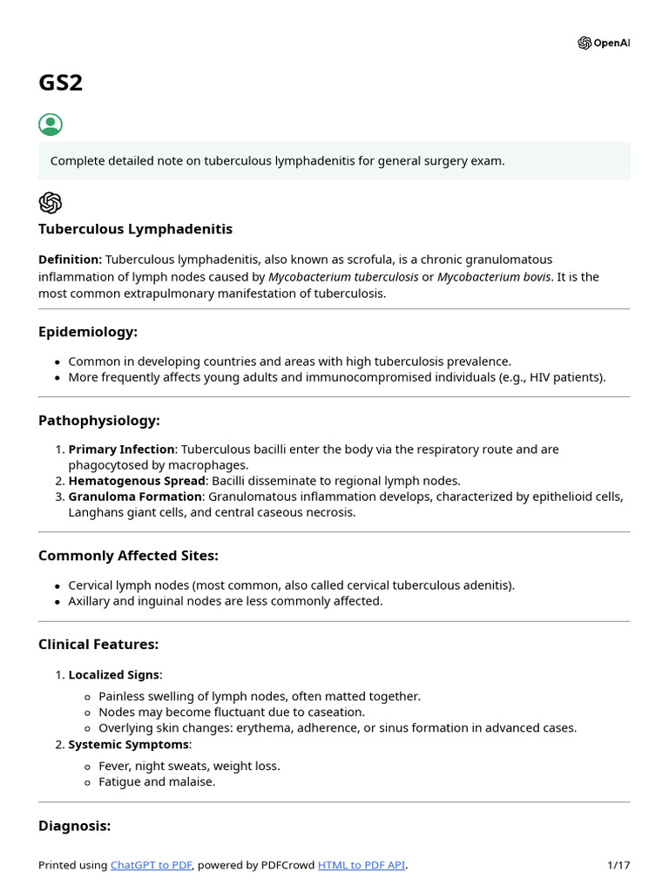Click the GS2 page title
pos(61,83)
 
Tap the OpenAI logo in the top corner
pos(603,43)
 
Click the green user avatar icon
pos(51,125)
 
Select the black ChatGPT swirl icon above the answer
pos(51,203)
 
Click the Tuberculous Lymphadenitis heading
pos(135,229)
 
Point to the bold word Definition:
pos(70,260)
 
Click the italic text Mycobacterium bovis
pos(493,276)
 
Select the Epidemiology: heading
pos(88,332)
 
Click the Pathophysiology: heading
pos(99,421)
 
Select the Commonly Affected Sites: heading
pos(128,556)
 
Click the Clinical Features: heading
pos(98,645)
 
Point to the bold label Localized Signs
pos(115,674)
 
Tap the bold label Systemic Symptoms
pos(128,745)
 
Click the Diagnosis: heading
pos(74,826)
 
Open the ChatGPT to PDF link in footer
pos(151,865)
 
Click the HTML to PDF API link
pos(362,865)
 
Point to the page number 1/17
pos(618,865)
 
